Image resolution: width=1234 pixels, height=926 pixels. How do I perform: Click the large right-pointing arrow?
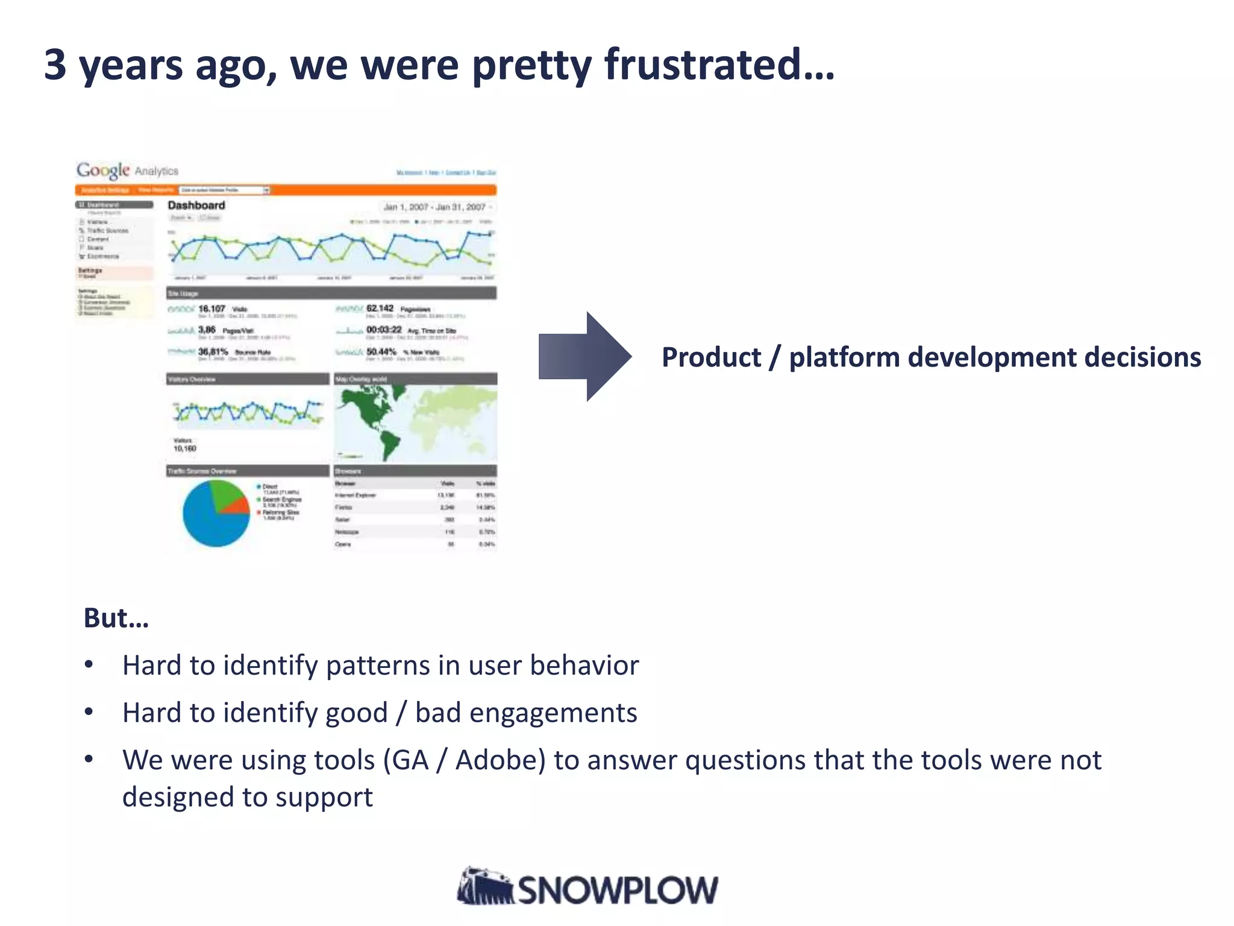pyautogui.click(x=584, y=356)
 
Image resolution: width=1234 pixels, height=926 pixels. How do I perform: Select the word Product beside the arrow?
pyautogui.click(x=711, y=357)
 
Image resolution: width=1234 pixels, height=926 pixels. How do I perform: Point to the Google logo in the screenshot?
pyautogui.click(x=102, y=171)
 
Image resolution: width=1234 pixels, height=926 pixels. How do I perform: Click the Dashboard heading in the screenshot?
pyautogui.click(x=196, y=205)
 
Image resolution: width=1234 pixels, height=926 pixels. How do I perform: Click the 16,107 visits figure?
pyautogui.click(x=211, y=309)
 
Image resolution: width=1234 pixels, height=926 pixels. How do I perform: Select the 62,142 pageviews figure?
pyautogui.click(x=380, y=308)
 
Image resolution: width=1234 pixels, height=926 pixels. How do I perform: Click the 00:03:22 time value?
pyautogui.click(x=384, y=330)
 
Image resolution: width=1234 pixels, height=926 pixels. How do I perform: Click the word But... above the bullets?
pyautogui.click(x=116, y=618)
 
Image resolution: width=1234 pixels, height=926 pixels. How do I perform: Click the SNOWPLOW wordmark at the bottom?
pyautogui.click(x=618, y=890)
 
